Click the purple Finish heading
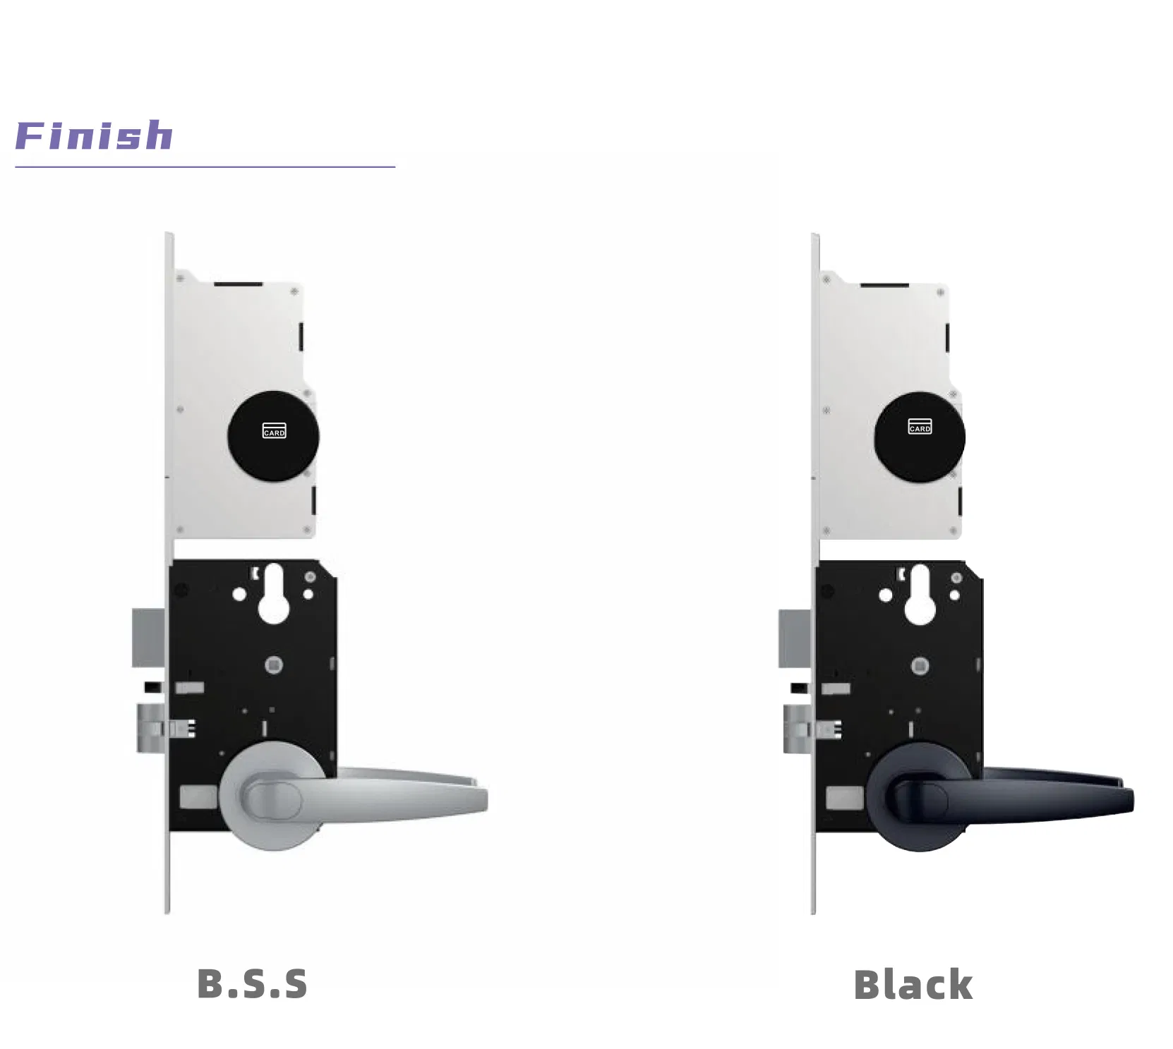[x=94, y=135]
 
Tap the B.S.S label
[x=252, y=984]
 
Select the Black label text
[x=913, y=985]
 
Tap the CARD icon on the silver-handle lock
[x=275, y=430]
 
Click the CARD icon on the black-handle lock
[x=920, y=426]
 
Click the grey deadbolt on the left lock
[x=149, y=638]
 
